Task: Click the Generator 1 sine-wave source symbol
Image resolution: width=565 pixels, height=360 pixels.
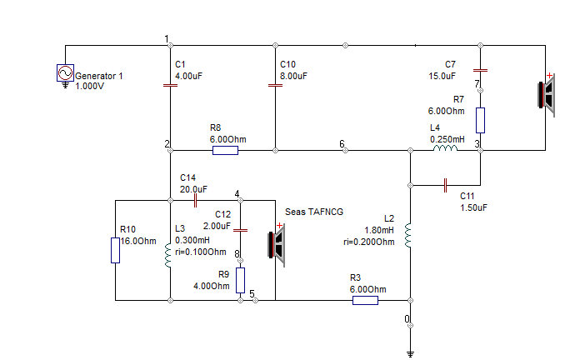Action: click(65, 72)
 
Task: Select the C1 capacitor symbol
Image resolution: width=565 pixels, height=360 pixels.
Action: click(171, 85)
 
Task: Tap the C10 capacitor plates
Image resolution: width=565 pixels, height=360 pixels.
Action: click(275, 85)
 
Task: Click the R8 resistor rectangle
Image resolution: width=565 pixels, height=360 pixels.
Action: click(225, 150)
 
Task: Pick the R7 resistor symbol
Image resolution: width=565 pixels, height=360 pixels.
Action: click(480, 120)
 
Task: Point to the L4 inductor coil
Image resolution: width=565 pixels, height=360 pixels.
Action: click(445, 148)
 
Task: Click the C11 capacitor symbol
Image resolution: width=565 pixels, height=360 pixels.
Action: click(445, 185)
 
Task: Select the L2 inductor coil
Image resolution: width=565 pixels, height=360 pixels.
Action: click(407, 235)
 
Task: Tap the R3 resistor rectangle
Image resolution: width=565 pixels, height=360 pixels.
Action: click(365, 300)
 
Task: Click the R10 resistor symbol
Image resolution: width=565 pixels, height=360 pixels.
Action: click(115, 251)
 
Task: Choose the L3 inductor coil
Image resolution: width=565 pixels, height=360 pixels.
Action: click(167, 255)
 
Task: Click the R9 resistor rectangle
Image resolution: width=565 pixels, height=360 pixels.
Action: click(240, 280)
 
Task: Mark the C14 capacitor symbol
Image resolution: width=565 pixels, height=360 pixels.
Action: click(195, 200)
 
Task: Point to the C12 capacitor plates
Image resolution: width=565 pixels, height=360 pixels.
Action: click(240, 230)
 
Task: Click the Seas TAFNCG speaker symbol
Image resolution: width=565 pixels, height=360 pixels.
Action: click(277, 245)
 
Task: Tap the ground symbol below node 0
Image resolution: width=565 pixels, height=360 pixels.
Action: click(410, 354)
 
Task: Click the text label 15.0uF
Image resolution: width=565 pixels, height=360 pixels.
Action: click(442, 76)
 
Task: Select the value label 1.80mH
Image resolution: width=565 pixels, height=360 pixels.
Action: click(379, 230)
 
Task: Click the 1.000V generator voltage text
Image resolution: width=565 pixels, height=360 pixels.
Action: click(90, 86)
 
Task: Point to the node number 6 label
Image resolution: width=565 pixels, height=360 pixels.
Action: click(342, 144)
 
